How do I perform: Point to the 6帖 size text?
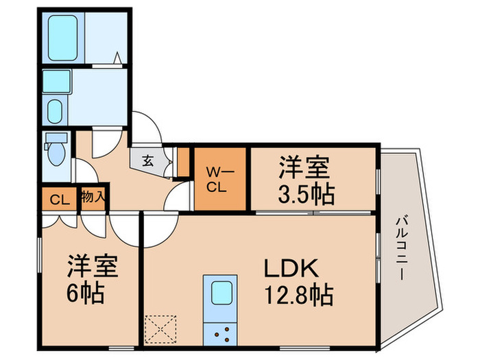coord(85,293)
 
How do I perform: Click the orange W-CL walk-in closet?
coord(220,178)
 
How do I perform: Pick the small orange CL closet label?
coord(59,200)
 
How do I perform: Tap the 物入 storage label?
coord(93,197)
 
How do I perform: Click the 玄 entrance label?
coord(148,162)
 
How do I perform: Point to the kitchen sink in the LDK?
coord(221,293)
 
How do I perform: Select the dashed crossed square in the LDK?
coord(163,328)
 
